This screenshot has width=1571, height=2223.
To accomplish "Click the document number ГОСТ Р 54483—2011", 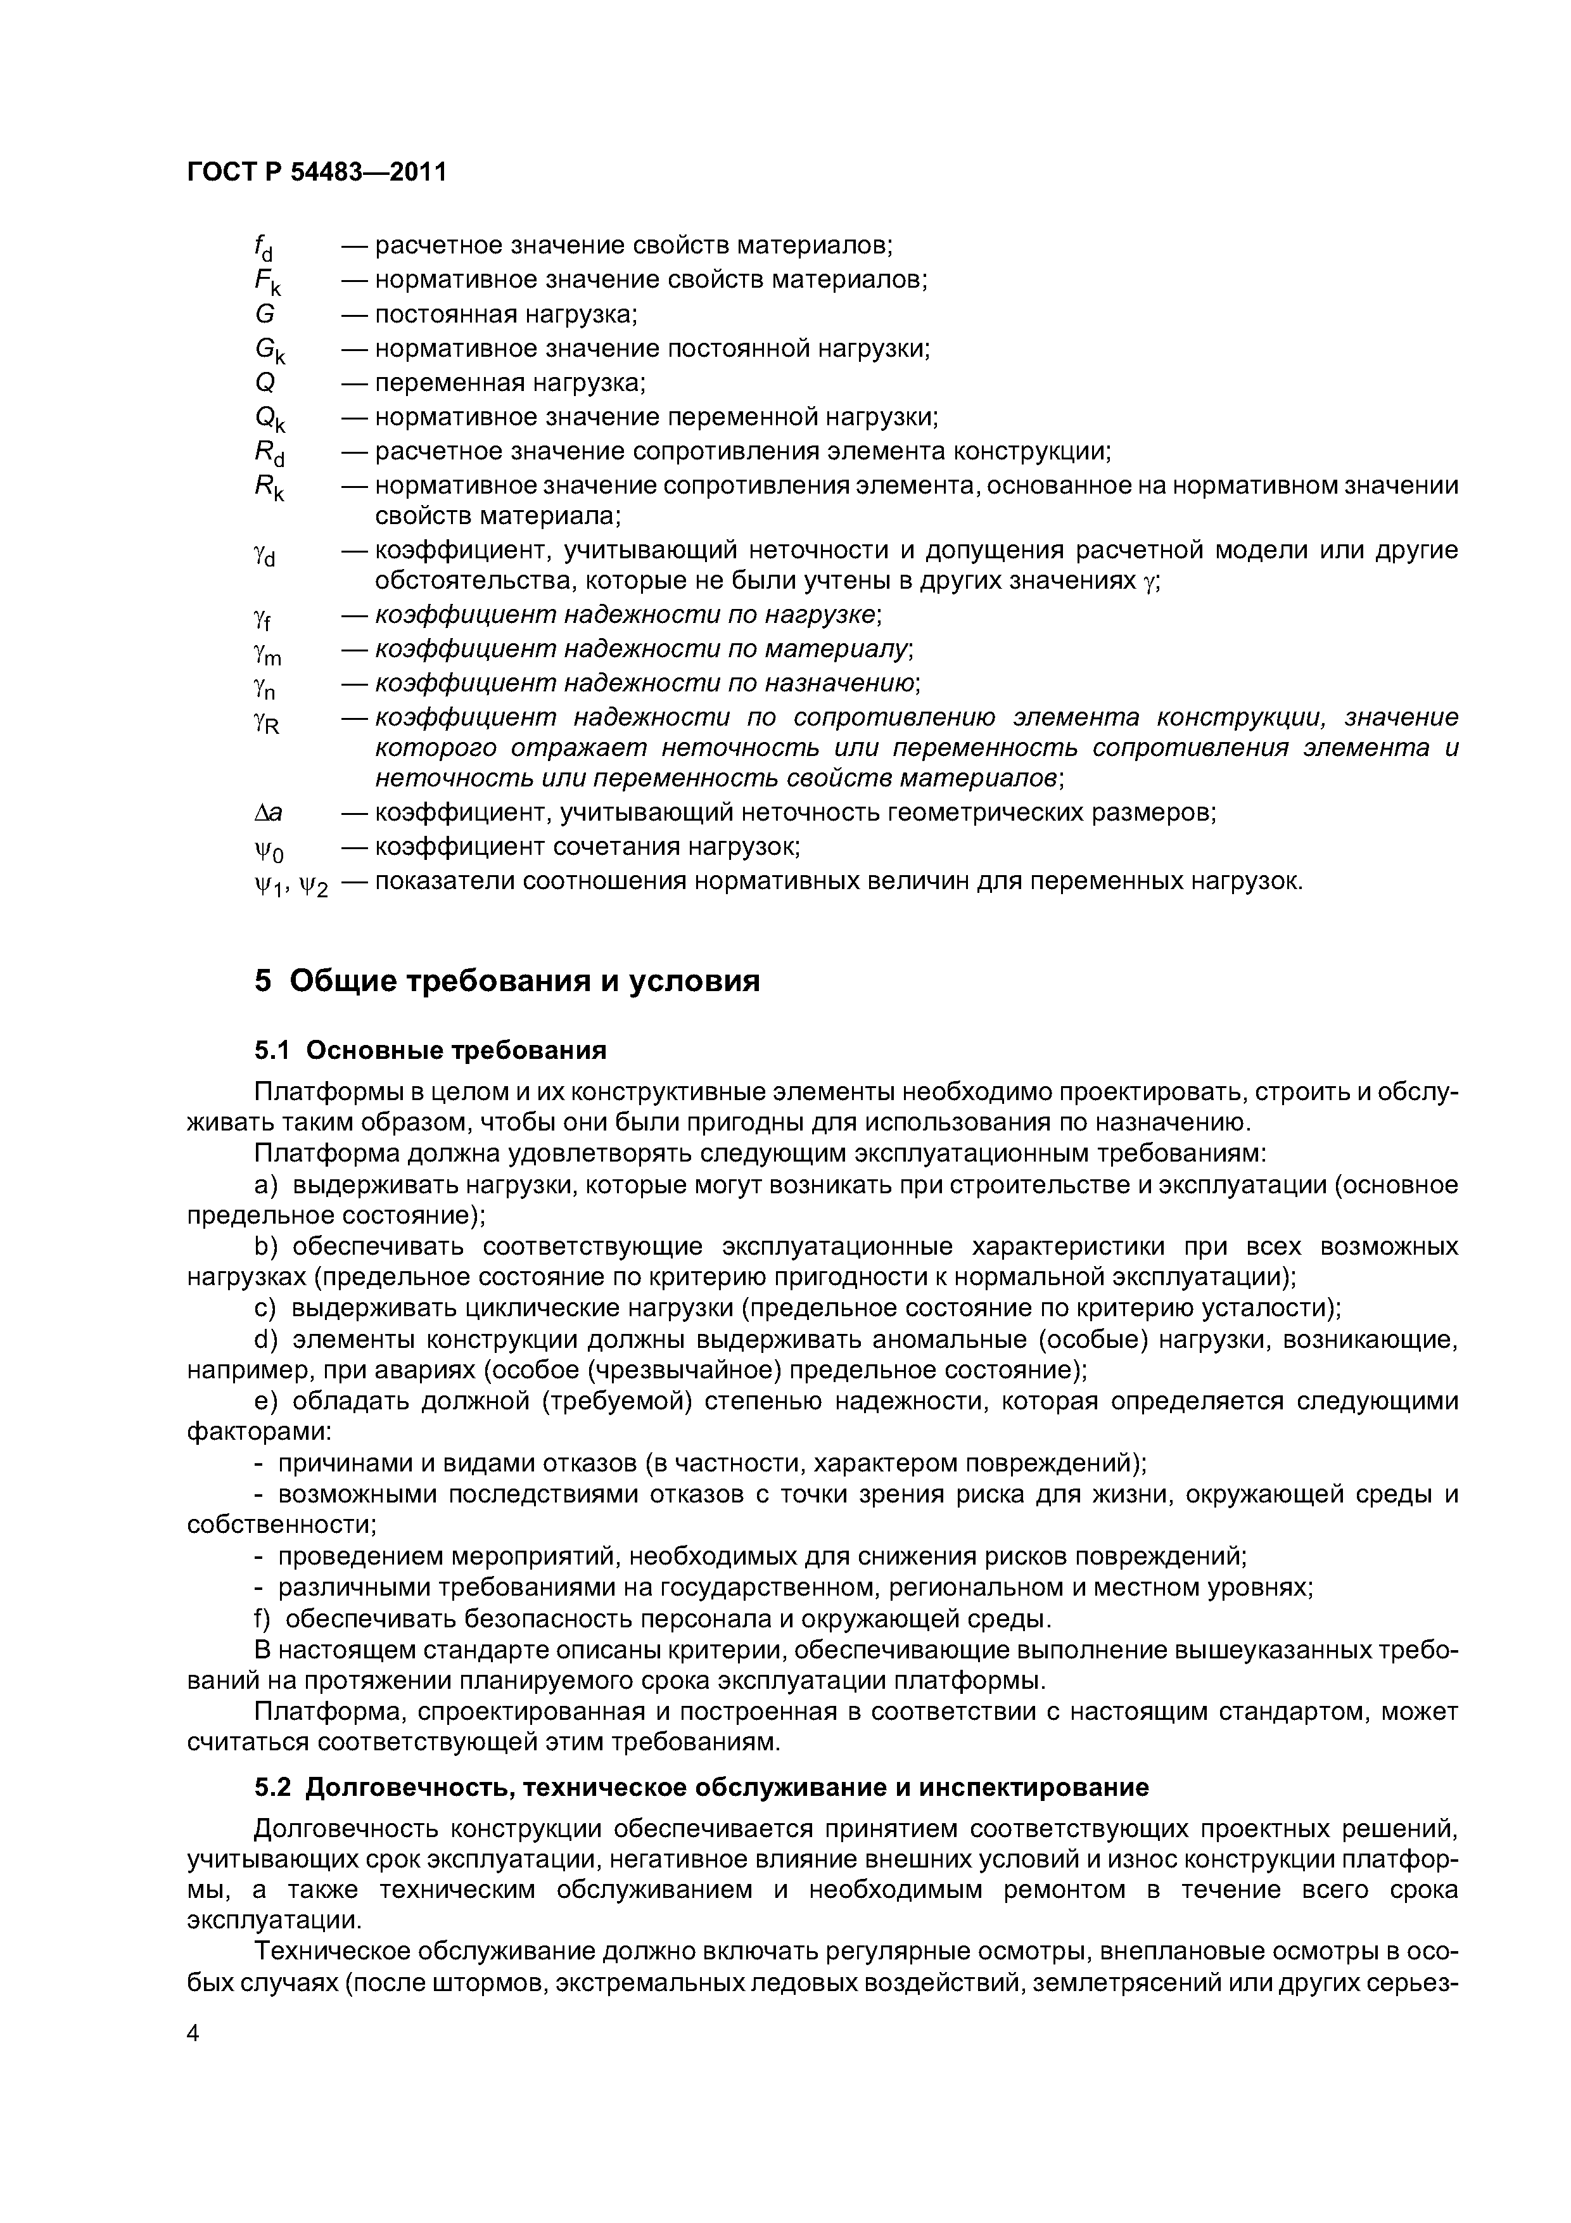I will pos(317,172).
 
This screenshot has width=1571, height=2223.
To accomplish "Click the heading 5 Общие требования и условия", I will pos(507,981).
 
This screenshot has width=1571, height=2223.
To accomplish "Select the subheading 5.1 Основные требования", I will pos(429,1051).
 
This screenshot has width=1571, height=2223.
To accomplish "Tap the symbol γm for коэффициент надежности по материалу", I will pos(266,653).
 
